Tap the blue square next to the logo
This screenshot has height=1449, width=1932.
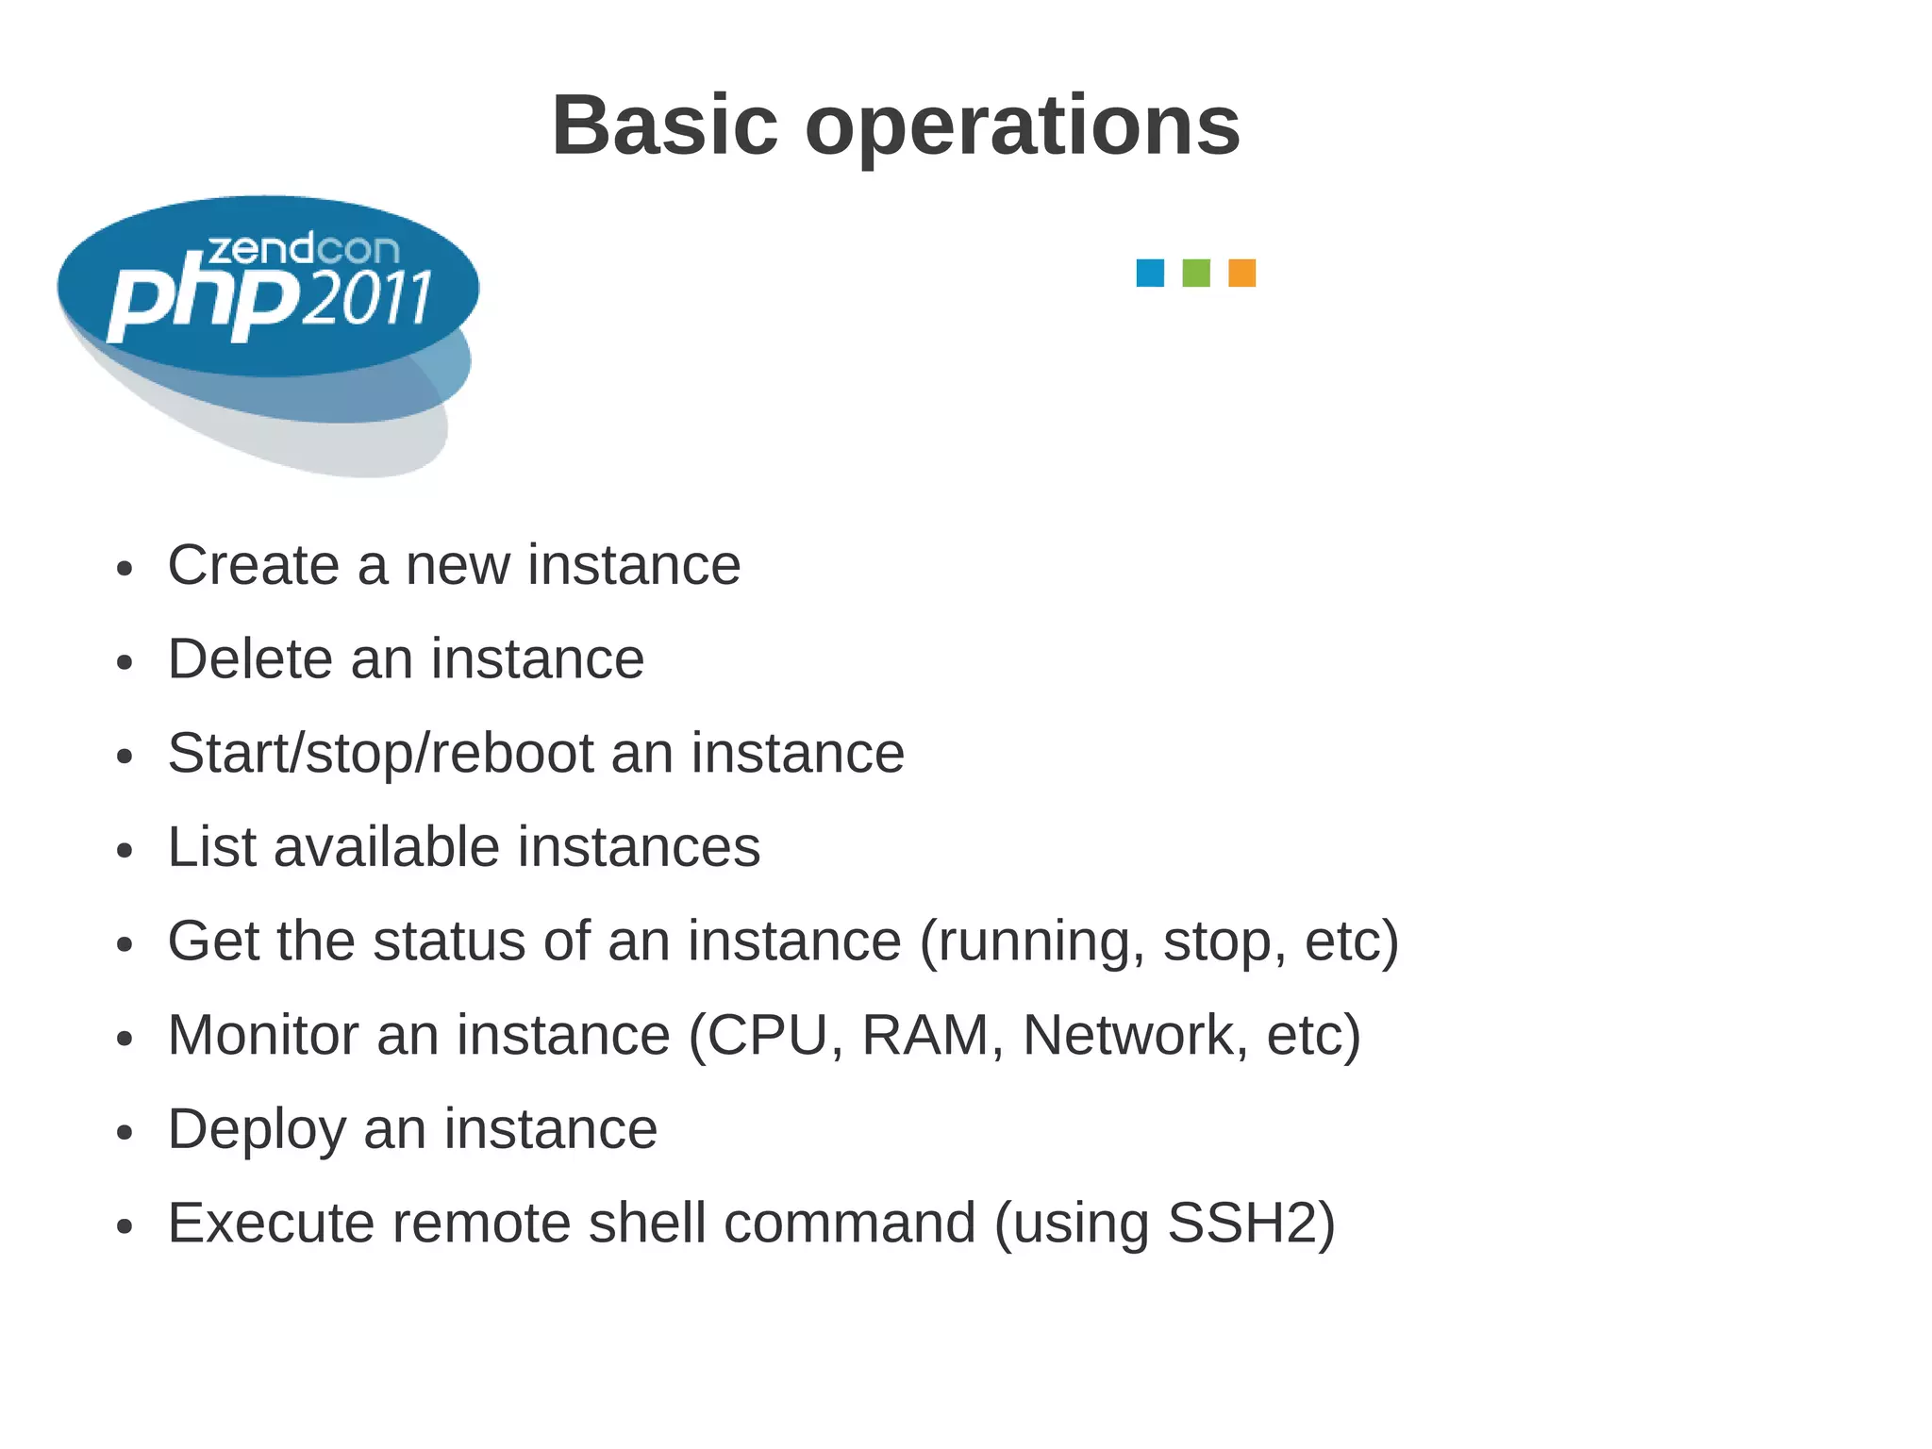coord(1150,273)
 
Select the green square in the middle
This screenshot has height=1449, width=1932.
coord(1196,273)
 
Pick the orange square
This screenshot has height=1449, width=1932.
coord(1242,273)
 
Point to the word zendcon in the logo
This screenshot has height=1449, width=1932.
coord(303,249)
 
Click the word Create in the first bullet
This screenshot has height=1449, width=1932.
coord(253,565)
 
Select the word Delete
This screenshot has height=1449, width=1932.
coord(249,658)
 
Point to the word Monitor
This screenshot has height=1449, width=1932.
coord(263,1035)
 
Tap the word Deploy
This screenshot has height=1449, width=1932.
coord(257,1130)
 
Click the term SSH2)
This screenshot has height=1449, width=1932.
coord(1251,1223)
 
